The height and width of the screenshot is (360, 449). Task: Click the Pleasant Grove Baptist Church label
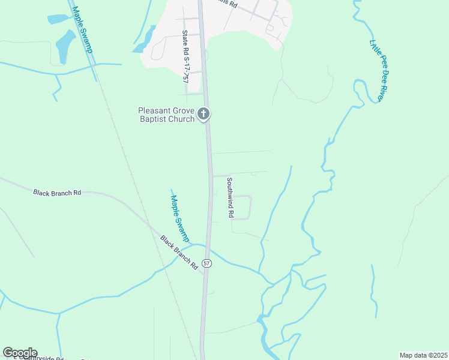pos(166,115)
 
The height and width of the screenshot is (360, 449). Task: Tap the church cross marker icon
pos(204,113)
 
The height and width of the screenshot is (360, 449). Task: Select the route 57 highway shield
pos(206,263)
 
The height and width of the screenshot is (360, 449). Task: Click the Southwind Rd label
pos(229,197)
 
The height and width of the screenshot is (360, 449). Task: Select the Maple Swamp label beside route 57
pos(179,218)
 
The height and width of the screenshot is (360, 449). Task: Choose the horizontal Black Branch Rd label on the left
pos(57,193)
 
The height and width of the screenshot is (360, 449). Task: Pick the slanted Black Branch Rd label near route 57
pos(179,251)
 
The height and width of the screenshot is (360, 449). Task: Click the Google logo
pos(20,353)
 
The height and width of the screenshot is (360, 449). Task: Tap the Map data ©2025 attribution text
pos(423,355)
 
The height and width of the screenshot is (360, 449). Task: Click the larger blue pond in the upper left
pos(64,45)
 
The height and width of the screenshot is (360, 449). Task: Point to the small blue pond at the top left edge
pos(58,19)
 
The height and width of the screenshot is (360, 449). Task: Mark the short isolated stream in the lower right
pos(375,291)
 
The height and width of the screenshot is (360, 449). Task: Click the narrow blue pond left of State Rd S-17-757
pos(146,40)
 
